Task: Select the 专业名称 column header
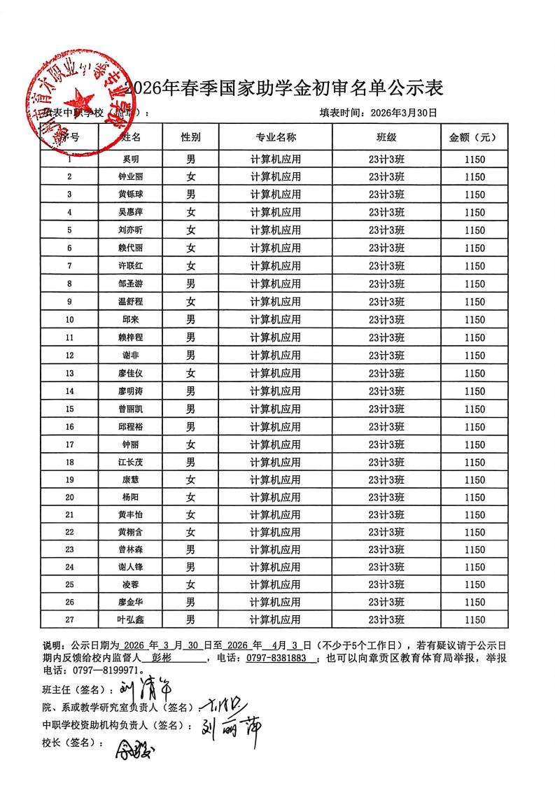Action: pyautogui.click(x=276, y=137)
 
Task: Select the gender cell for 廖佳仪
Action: pyautogui.click(x=190, y=373)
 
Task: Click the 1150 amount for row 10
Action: pyautogui.click(x=474, y=320)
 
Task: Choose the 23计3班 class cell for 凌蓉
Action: pyautogui.click(x=386, y=584)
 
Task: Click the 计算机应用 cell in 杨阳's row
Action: pyautogui.click(x=276, y=497)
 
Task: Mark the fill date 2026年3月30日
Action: pyautogui.click(x=404, y=112)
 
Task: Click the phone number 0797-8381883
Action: pyautogui.click(x=279, y=659)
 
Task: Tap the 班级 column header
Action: pyautogui.click(x=386, y=137)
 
